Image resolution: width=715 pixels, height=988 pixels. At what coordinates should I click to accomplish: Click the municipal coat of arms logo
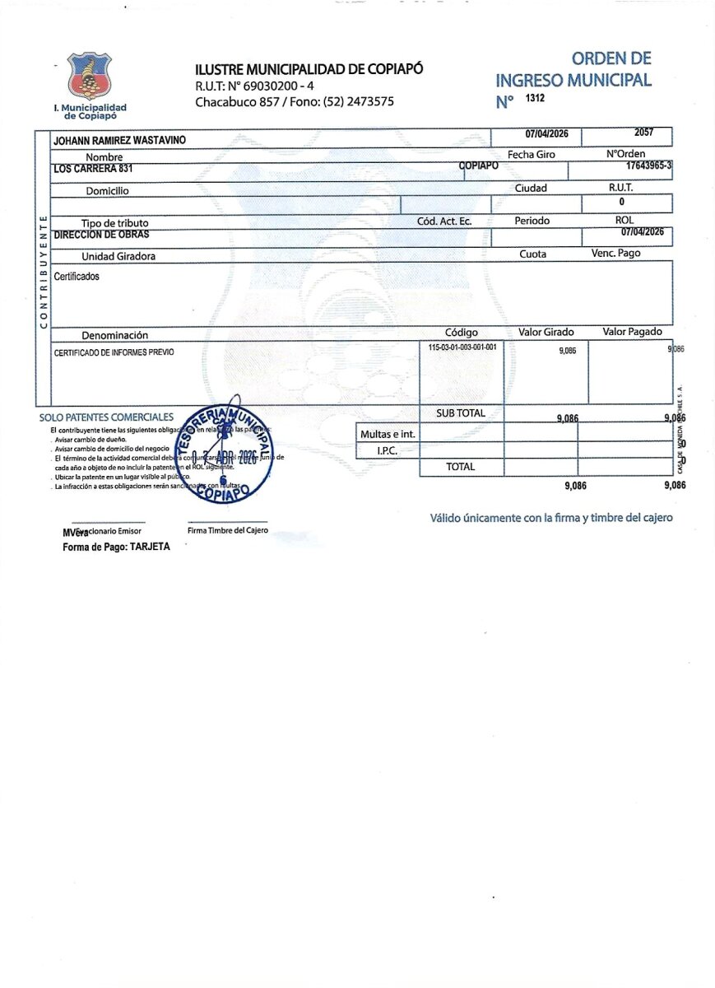click(90, 76)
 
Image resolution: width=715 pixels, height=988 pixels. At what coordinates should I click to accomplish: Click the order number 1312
click(535, 99)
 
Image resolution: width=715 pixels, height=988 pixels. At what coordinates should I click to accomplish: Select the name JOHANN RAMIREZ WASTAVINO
click(119, 141)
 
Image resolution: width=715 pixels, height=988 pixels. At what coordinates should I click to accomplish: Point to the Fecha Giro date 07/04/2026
click(536, 134)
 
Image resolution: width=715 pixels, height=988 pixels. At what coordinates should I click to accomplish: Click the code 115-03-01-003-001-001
click(462, 347)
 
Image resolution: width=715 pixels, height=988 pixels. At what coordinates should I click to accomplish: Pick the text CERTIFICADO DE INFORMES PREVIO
click(114, 352)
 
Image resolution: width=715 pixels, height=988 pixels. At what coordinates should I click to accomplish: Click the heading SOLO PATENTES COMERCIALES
click(106, 417)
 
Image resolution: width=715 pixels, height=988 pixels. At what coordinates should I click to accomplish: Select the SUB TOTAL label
click(461, 413)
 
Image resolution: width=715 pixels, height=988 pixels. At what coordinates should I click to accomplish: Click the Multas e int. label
click(388, 434)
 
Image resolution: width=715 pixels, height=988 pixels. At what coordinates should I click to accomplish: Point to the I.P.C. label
click(388, 450)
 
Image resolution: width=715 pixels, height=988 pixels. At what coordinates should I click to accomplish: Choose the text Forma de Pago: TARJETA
click(116, 547)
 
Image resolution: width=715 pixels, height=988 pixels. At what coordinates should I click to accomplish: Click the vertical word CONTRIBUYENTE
click(43, 271)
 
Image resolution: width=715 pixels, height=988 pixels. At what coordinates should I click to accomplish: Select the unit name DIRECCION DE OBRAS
click(101, 235)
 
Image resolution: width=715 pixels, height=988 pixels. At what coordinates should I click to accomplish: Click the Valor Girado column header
click(546, 332)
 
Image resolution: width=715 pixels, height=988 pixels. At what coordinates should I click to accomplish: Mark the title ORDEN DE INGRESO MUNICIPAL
click(573, 70)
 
